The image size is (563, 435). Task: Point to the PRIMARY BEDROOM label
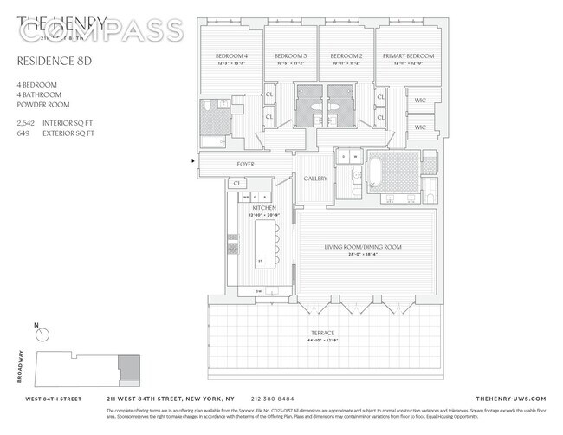click(405, 57)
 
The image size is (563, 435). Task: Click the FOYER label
click(247, 164)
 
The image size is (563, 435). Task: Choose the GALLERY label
click(314, 179)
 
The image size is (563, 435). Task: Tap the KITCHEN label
click(264, 209)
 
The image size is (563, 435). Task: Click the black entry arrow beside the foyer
click(193, 161)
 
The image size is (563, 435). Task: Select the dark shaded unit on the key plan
click(128, 367)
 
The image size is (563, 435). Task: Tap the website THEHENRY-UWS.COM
click(511, 398)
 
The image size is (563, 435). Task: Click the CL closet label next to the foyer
click(237, 184)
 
